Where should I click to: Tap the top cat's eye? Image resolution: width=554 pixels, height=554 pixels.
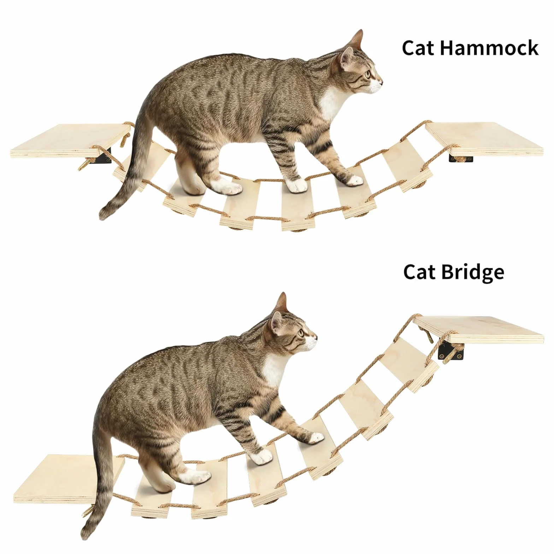pos(368,75)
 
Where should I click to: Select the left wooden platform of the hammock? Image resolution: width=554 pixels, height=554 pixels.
pos(70,140)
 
